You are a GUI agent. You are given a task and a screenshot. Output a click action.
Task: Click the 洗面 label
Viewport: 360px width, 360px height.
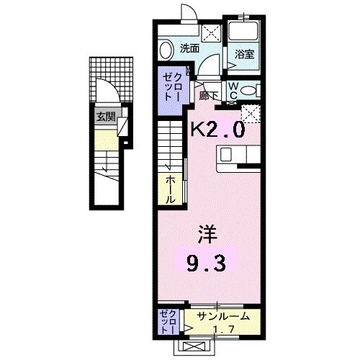pyautogui.click(x=189, y=49)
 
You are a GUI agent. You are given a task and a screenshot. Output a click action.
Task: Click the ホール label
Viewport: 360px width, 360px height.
pyautogui.click(x=171, y=188)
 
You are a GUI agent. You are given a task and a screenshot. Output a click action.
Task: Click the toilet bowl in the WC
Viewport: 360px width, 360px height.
pyautogui.click(x=248, y=91)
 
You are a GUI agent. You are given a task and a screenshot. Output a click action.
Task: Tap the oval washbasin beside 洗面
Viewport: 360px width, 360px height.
pyautogui.click(x=165, y=50)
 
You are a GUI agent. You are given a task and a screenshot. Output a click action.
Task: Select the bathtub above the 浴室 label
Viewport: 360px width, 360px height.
pyautogui.click(x=243, y=32)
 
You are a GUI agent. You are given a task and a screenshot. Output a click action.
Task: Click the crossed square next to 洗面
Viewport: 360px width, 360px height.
pyautogui.click(x=212, y=32)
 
